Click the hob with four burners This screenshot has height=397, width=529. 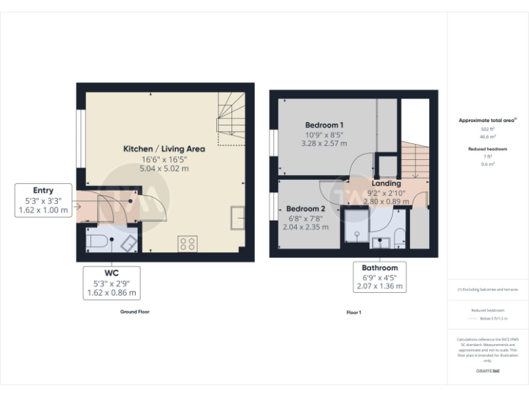187,243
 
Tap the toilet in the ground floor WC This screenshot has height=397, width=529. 97,242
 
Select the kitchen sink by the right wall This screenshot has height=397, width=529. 239,218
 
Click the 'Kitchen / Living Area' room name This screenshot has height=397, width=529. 164,149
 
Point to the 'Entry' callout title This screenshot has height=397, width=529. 43,190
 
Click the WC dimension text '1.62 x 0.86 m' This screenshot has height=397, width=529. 112,293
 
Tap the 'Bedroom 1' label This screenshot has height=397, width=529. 324,125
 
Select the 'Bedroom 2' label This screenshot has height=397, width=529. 305,209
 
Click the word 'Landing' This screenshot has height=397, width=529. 386,183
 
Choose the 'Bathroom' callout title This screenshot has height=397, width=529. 380,267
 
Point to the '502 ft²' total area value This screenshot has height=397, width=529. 488,129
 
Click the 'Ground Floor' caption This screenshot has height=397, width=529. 134,312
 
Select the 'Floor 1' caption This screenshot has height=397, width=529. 353,312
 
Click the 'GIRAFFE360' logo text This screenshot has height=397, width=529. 488,371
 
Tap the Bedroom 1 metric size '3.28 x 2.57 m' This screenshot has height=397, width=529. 324,143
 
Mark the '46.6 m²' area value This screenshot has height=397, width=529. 488,137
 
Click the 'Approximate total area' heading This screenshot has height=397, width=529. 487,120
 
